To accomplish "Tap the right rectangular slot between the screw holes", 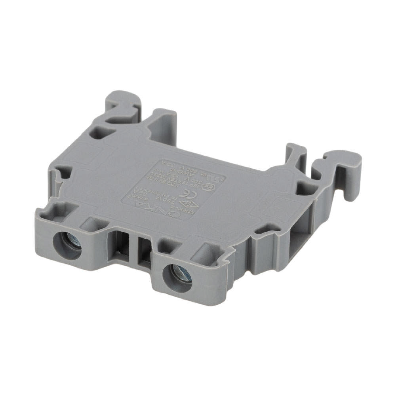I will click(143, 253).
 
